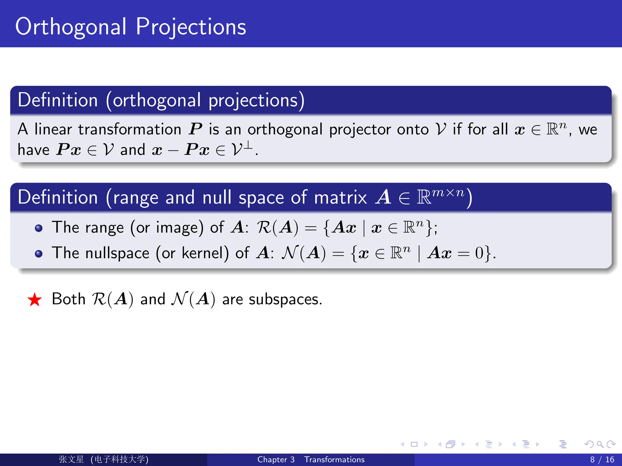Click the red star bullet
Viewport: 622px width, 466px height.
pos(34,300)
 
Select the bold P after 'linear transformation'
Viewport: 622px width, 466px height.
pos(195,129)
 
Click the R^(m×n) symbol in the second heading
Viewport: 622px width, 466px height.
pos(440,196)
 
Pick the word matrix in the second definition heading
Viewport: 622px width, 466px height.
pos(340,198)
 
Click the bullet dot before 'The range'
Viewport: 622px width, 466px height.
pos(39,228)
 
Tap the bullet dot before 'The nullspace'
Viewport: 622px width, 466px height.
pos(39,253)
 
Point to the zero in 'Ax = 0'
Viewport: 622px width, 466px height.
pos(479,253)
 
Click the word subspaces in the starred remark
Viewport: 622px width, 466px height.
pos(285,299)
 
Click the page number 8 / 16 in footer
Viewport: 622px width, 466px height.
pos(602,459)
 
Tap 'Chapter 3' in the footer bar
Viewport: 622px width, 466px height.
pos(276,459)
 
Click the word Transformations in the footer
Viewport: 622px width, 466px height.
pos(334,459)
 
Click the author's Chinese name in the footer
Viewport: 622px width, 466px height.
pos(71,459)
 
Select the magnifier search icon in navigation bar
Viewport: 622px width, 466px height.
pos(600,444)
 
